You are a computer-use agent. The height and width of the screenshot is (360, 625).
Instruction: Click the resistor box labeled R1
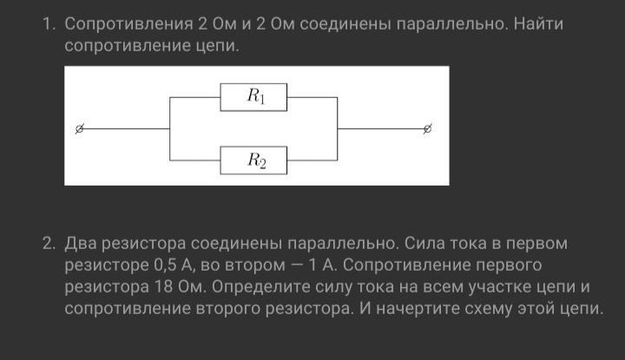click(254, 97)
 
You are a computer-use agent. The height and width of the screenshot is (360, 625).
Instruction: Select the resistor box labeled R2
click(254, 160)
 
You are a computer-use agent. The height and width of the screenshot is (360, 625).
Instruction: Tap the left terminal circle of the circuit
click(79, 128)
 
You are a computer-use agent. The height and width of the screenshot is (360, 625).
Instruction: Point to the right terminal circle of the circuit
click(427, 128)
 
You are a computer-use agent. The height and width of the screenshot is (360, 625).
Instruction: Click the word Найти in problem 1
click(538, 23)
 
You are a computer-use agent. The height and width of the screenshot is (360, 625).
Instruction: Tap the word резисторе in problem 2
click(105, 264)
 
